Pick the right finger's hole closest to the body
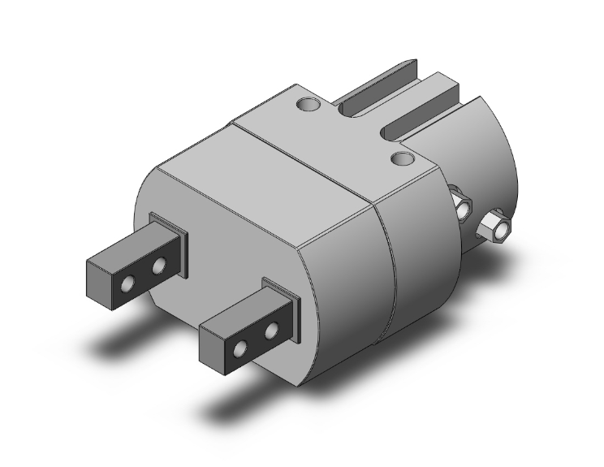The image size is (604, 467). point(270,330)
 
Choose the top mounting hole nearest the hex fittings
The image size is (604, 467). point(401,158)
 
